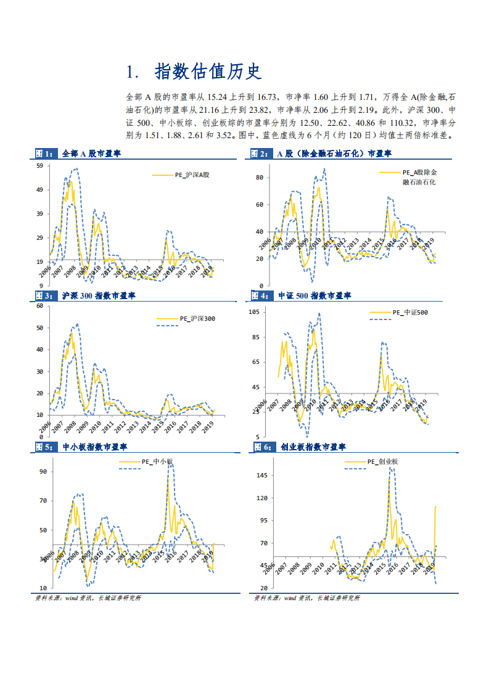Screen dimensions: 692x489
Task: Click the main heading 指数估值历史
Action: [208, 72]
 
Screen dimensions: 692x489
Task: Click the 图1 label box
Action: [44, 154]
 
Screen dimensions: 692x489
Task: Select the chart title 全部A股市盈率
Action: [91, 154]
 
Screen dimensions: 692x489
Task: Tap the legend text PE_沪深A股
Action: [192, 176]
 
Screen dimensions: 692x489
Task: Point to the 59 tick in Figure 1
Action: [39, 166]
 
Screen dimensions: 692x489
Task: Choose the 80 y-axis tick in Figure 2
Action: [260, 178]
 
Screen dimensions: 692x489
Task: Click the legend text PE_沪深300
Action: [197, 319]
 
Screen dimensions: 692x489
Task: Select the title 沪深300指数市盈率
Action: [99, 296]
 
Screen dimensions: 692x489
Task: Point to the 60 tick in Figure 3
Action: [39, 306]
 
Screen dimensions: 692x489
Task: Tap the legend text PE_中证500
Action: [410, 312]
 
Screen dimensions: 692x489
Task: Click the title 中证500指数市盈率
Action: [314, 296]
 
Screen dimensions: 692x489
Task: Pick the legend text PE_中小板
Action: [158, 461]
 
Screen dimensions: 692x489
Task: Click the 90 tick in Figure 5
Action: [43, 472]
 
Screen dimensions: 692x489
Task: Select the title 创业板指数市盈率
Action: [313, 447]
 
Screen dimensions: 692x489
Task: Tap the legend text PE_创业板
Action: [383, 461]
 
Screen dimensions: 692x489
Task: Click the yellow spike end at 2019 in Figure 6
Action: [436, 507]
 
